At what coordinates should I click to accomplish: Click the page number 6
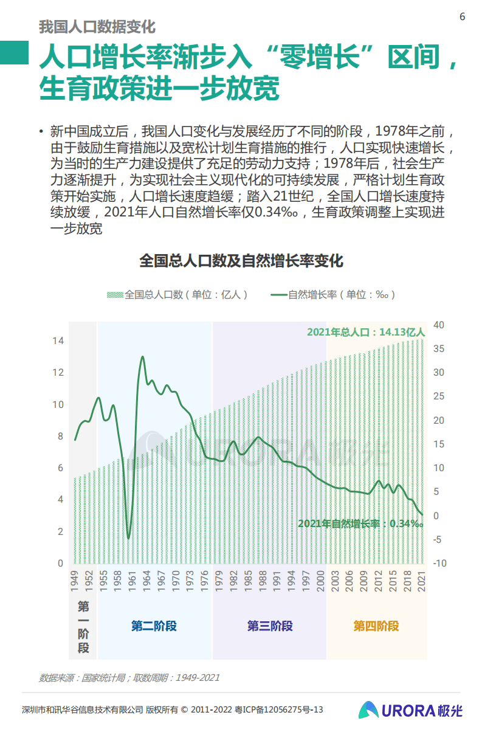point(462,16)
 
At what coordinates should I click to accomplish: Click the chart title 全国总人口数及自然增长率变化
point(241,261)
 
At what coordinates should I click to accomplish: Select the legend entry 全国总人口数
point(176,295)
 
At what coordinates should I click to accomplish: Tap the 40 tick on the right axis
point(439,325)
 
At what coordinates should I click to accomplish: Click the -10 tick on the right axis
point(439,564)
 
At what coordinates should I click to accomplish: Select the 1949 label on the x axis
point(75,581)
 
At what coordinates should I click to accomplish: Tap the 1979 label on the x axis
point(218,581)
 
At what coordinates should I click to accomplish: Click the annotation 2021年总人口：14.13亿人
point(366,333)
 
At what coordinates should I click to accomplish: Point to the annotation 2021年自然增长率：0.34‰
point(360,523)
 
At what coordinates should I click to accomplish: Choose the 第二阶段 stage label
point(154,626)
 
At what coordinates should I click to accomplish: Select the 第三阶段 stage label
point(270,626)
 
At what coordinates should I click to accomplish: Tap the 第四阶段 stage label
point(376,626)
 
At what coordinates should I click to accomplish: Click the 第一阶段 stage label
point(83,627)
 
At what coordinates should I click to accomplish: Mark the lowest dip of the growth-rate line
point(128,538)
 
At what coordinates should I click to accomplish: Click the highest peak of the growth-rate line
point(142,357)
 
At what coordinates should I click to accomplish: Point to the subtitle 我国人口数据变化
point(97,27)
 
